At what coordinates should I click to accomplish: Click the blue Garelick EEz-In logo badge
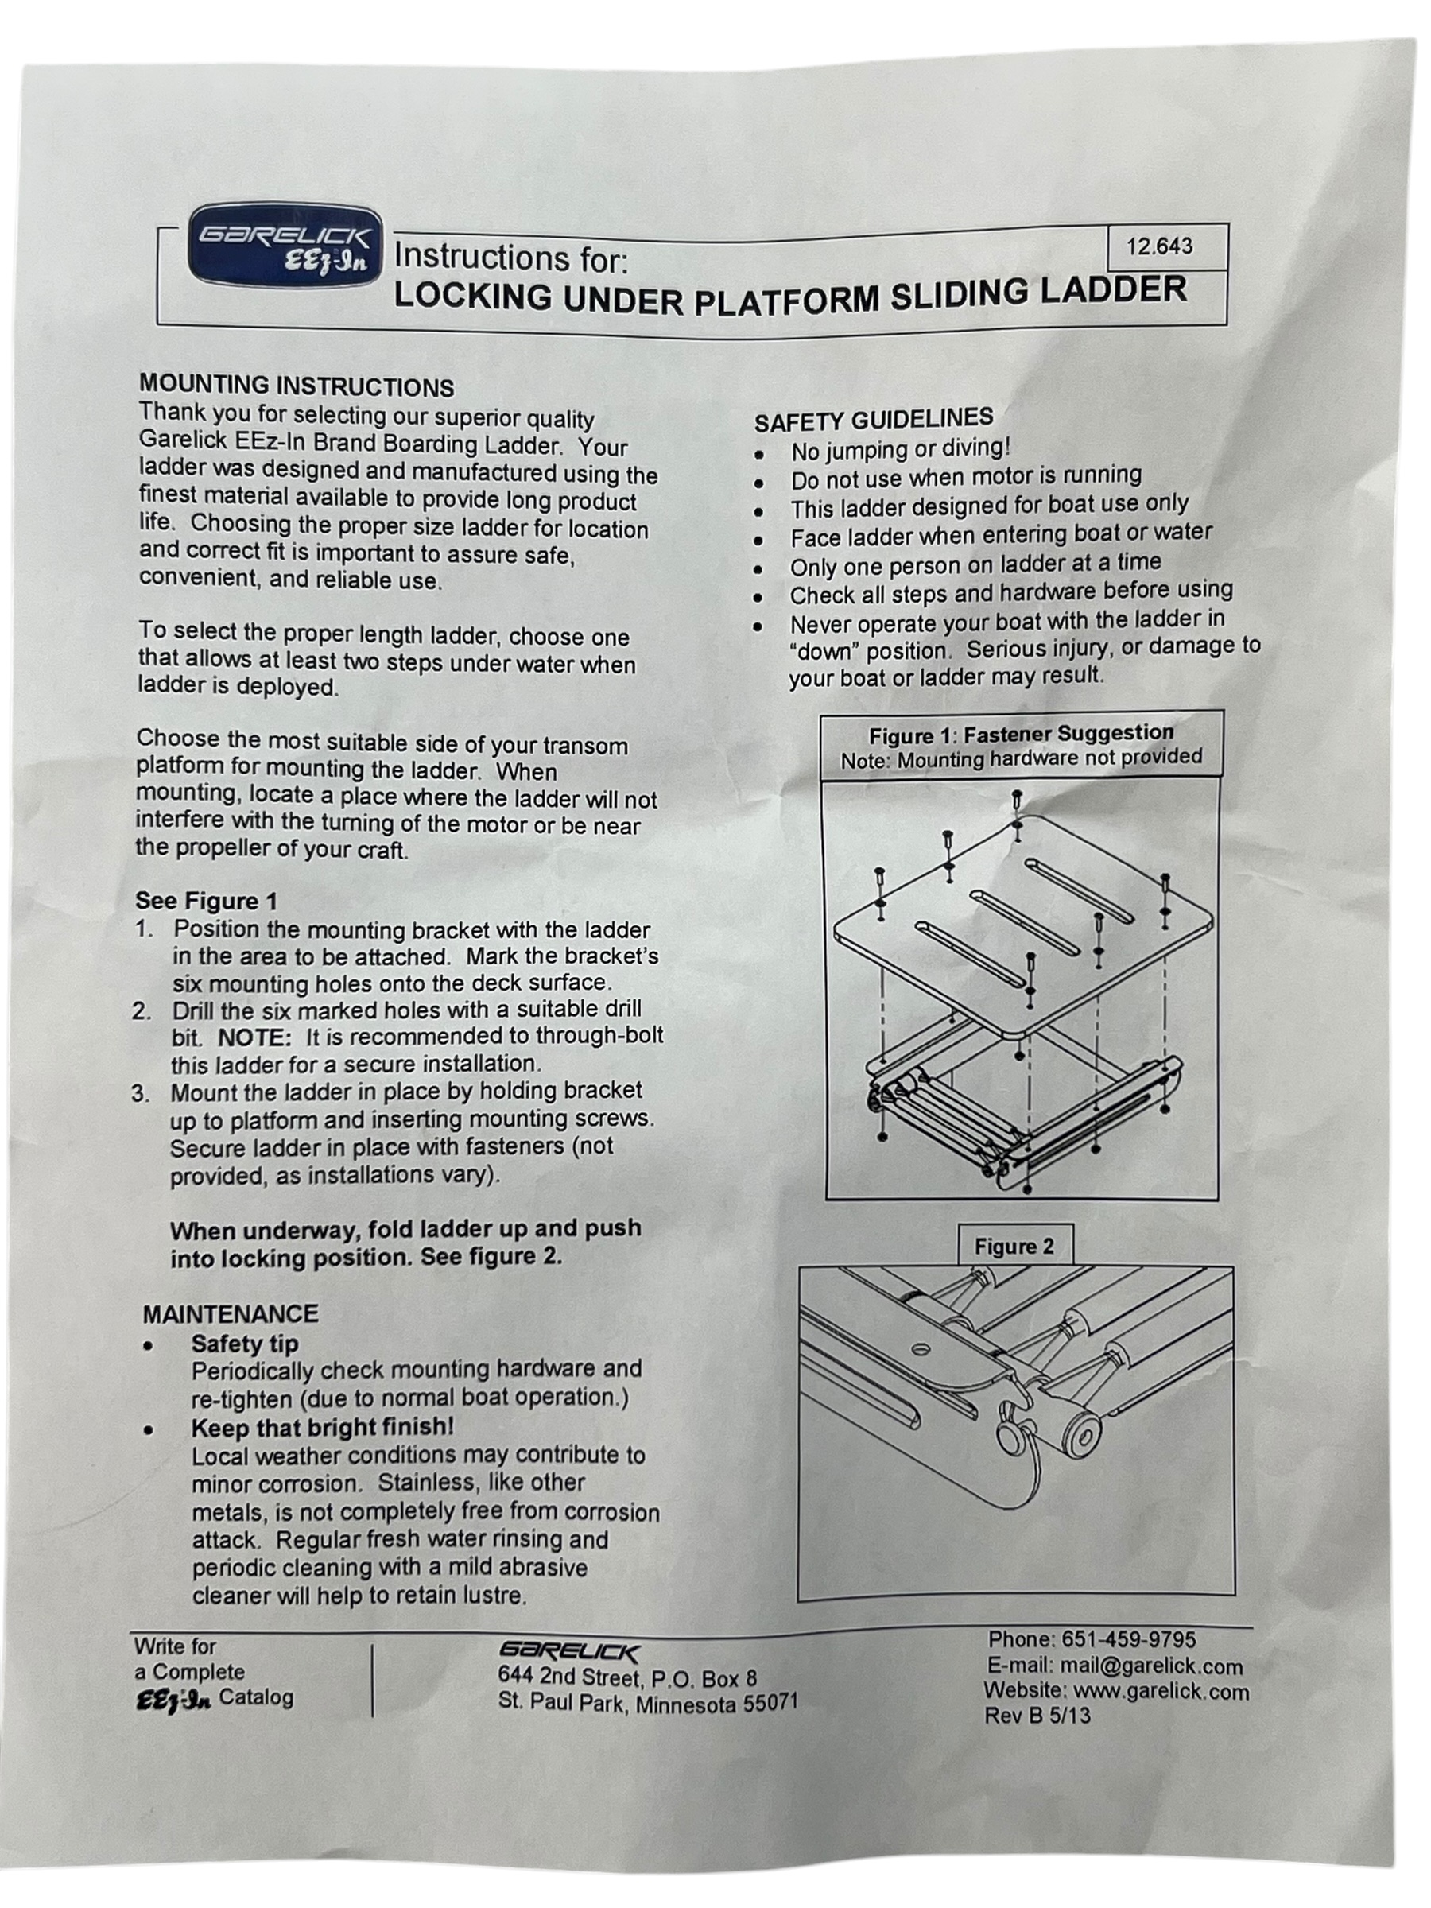point(285,245)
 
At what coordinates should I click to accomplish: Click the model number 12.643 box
point(1158,246)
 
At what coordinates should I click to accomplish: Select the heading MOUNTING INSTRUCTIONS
point(296,386)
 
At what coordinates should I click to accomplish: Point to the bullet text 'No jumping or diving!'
point(900,449)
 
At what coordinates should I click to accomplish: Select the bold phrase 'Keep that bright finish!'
point(322,1428)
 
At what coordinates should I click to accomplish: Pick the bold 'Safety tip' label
point(244,1344)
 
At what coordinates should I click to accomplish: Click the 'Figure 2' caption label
point(1014,1247)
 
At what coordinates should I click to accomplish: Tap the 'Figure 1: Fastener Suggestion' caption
point(1021,734)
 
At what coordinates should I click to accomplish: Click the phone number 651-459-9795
point(1128,1638)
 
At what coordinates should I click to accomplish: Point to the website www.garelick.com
point(1160,1692)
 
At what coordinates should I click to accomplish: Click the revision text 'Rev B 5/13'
point(1037,1716)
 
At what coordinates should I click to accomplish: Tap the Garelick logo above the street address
point(568,1652)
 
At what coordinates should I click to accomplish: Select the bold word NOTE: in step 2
point(254,1037)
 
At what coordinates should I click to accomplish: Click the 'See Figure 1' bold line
point(206,901)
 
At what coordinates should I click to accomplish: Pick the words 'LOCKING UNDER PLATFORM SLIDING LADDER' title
point(789,294)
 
